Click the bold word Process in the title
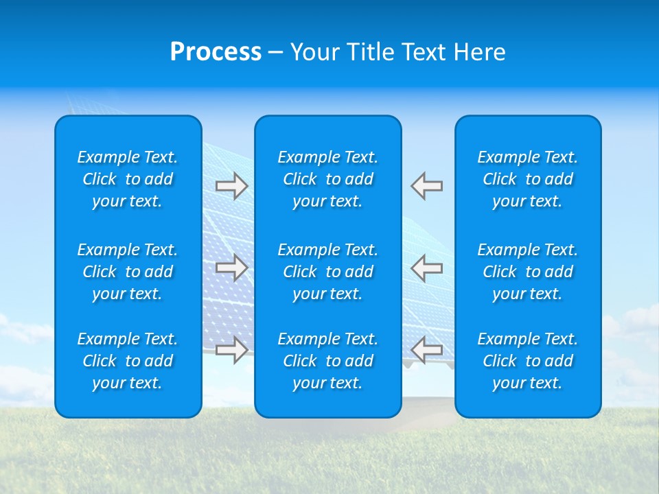(x=216, y=52)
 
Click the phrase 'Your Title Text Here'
(x=397, y=52)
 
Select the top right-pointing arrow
(x=232, y=186)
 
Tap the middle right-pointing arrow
(x=232, y=267)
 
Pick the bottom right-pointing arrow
(x=232, y=350)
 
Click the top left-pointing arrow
(x=427, y=186)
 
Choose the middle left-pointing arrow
(x=427, y=267)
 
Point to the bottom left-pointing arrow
(x=427, y=350)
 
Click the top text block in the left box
(x=128, y=179)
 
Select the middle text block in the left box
(x=128, y=272)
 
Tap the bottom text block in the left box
(x=128, y=361)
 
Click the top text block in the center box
(x=328, y=179)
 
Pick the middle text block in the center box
(x=328, y=272)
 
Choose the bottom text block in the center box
(x=328, y=361)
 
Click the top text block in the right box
(x=528, y=179)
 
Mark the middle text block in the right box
(x=528, y=272)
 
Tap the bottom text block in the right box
(x=528, y=361)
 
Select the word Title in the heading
(x=368, y=52)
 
